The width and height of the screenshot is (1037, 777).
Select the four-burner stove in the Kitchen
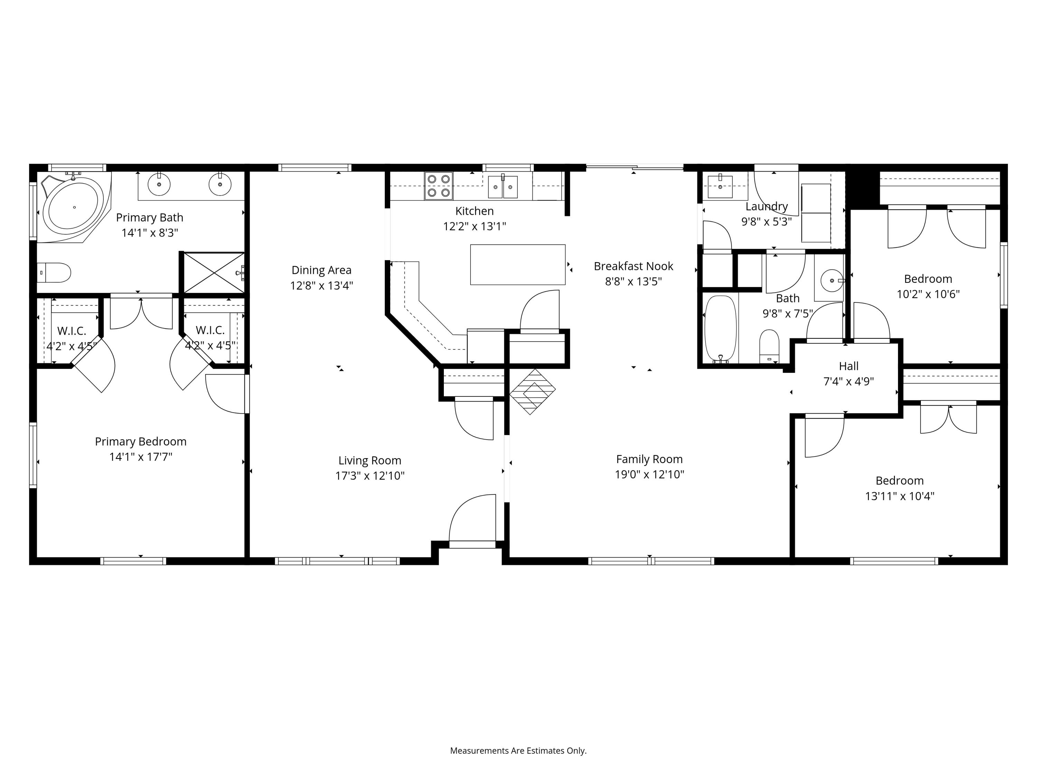coord(439,186)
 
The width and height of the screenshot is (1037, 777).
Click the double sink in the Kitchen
coord(503,187)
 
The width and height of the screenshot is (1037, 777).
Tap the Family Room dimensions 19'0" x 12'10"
coord(649,474)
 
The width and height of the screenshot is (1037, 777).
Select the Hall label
coord(849,366)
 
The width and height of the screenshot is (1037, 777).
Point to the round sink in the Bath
coord(832,280)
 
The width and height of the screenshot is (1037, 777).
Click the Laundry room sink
coord(720,186)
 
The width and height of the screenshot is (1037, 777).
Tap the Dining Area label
coord(321,270)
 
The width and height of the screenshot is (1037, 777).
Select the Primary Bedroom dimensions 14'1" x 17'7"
coord(141,457)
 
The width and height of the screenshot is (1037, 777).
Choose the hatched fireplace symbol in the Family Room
coord(533,392)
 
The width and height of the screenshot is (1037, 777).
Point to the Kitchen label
coord(475,211)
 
